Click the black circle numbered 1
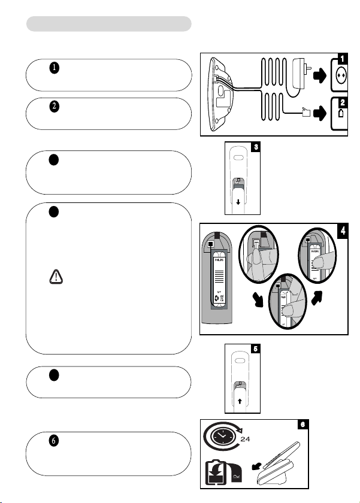[x=55, y=68]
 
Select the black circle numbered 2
[x=55, y=107]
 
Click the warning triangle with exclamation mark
[x=55, y=276]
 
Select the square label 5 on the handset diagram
[x=256, y=349]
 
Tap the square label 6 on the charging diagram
[x=305, y=425]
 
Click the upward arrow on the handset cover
[x=238, y=402]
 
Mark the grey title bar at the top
[x=109, y=23]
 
